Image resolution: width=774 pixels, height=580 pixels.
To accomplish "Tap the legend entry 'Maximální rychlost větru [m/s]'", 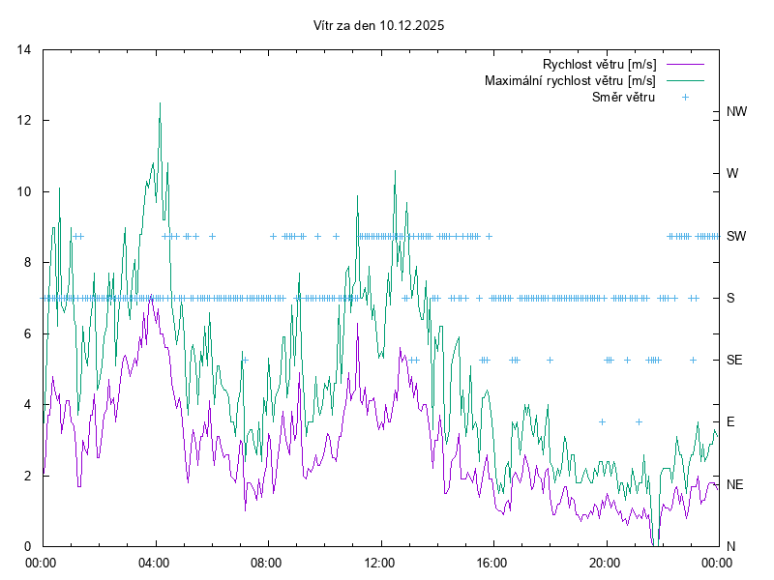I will click(x=570, y=80).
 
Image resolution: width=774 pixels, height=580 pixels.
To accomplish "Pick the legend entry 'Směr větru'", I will click(x=623, y=97).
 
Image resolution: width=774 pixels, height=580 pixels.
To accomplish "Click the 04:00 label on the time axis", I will click(x=154, y=562).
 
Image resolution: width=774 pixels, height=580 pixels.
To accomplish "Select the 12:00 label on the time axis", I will click(x=379, y=562).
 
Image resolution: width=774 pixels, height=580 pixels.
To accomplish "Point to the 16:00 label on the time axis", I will click(x=492, y=562).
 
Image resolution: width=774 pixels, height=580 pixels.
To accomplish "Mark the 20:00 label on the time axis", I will click(x=605, y=562).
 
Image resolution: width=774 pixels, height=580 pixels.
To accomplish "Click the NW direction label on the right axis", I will click(x=737, y=112).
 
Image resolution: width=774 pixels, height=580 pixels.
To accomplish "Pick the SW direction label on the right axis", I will click(x=736, y=236).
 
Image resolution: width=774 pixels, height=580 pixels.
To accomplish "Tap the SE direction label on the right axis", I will click(x=735, y=360).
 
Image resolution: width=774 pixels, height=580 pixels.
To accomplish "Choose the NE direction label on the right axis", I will click(x=735, y=484).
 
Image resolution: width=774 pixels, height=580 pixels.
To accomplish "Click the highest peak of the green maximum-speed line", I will click(x=160, y=103).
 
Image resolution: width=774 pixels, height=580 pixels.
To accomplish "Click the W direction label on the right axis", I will click(x=732, y=174).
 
